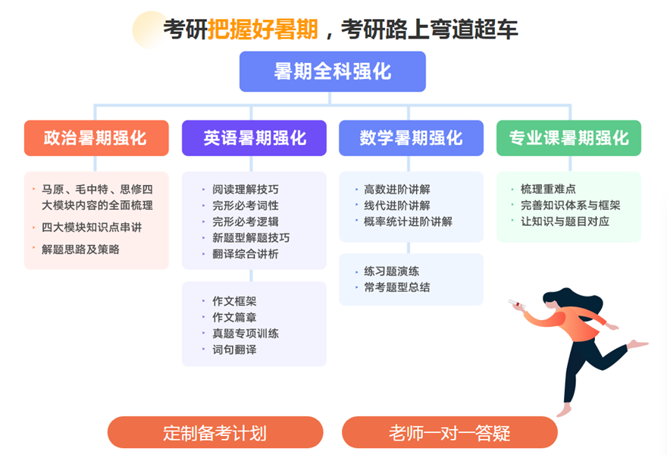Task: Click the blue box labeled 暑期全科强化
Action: [332, 71]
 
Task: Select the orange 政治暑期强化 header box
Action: [96, 138]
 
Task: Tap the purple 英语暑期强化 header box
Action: [254, 138]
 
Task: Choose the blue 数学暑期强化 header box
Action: [411, 138]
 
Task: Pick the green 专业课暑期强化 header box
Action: [568, 138]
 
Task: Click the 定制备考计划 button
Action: [215, 432]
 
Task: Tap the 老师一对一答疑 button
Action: [449, 432]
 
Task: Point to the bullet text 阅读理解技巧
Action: [246, 190]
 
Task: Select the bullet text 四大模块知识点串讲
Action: [92, 227]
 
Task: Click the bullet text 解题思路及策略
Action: [80, 249]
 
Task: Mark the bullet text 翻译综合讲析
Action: [246, 254]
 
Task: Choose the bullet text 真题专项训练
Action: [246, 333]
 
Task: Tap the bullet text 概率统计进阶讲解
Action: [408, 221]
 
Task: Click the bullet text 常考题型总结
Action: [397, 287]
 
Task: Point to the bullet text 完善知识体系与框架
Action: [571, 206]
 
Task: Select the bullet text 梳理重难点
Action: [548, 189]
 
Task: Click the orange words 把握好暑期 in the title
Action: [263, 30]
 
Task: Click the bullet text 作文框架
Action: [234, 301]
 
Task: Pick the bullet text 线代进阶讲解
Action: [397, 206]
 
